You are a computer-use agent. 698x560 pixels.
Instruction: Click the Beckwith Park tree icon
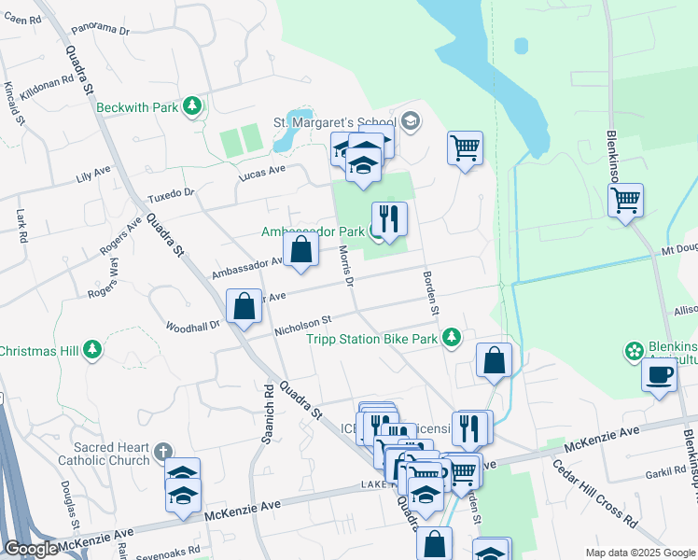tap(193, 106)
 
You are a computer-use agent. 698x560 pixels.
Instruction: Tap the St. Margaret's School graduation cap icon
tap(411, 121)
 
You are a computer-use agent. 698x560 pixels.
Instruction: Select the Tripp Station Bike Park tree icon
tap(452, 337)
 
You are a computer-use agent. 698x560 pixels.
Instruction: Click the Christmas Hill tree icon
tap(92, 350)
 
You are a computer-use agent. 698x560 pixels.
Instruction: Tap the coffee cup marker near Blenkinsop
tap(659, 375)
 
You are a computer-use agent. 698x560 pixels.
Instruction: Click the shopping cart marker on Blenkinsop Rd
tap(625, 199)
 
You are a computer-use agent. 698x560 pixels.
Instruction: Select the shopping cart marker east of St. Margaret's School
tap(465, 147)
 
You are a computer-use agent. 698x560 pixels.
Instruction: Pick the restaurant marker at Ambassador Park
tap(389, 219)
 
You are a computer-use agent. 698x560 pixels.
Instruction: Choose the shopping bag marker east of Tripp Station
tap(494, 360)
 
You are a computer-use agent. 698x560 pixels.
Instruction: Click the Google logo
tap(32, 549)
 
